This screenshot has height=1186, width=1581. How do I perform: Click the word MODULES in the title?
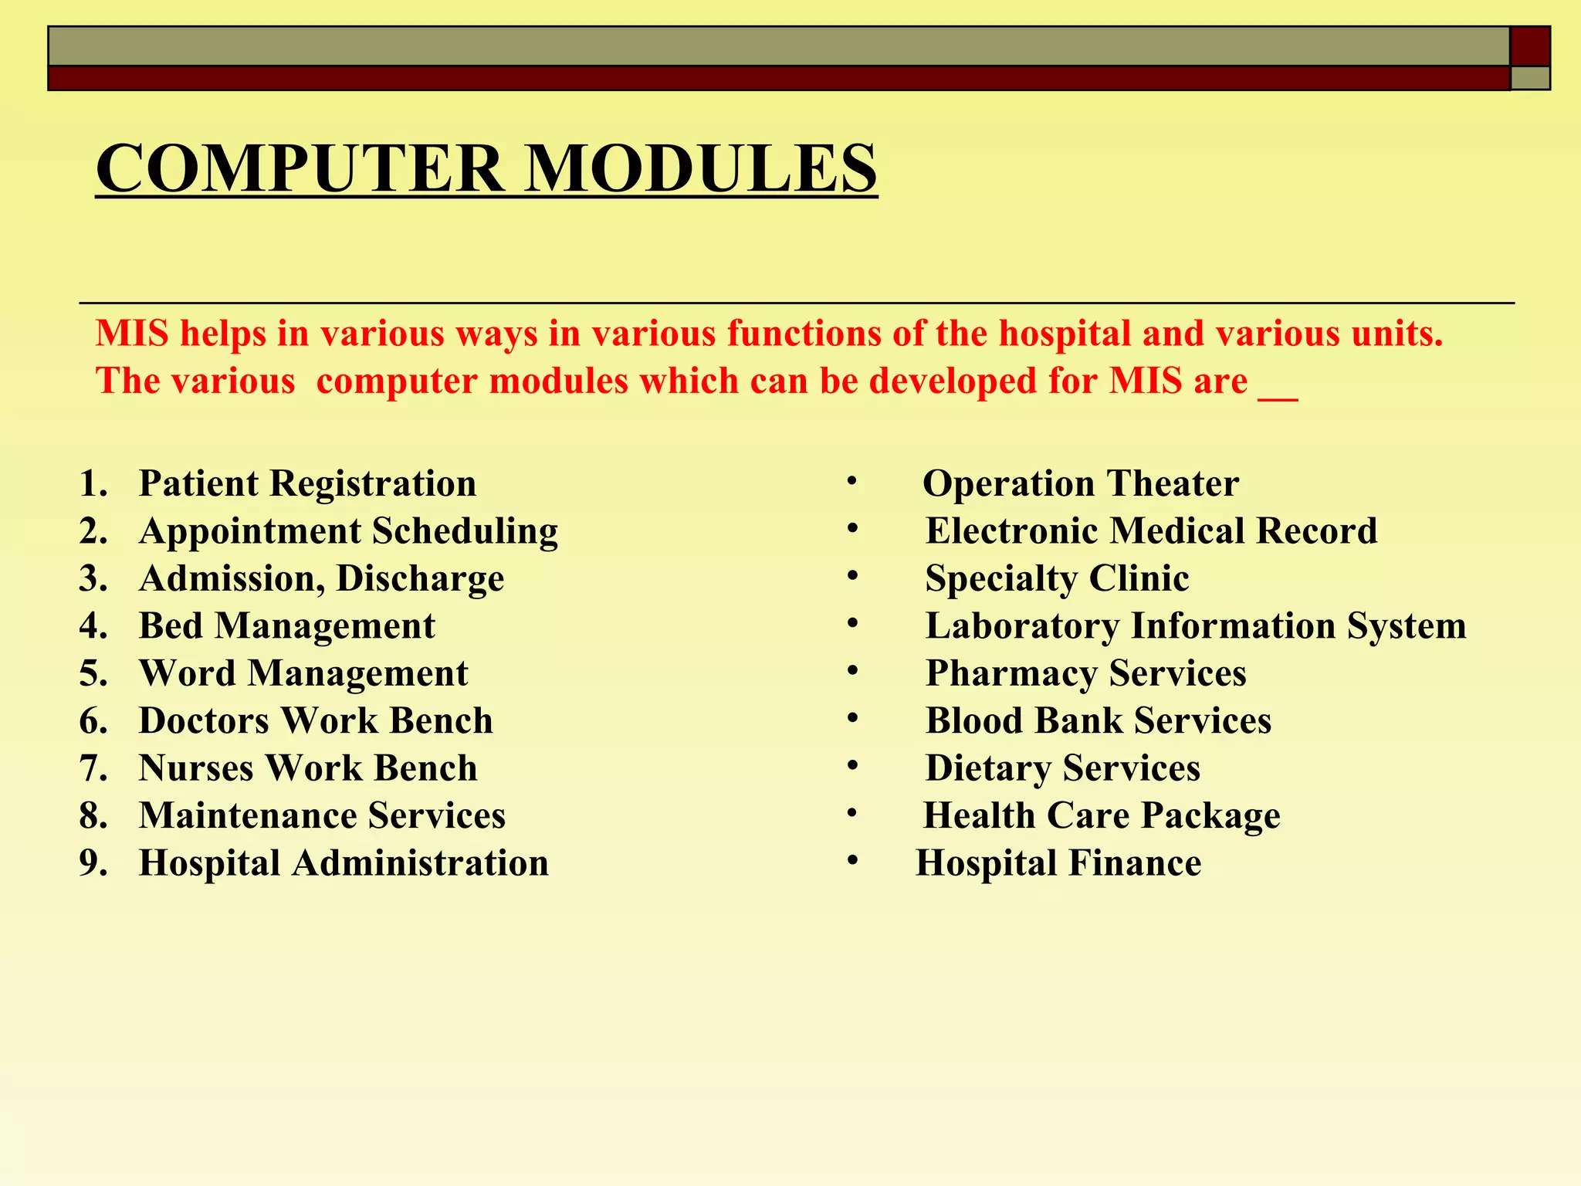pyautogui.click(x=700, y=169)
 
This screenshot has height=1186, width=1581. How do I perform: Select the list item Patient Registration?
pyautogui.click(x=307, y=484)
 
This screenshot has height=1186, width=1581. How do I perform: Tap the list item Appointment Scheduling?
pyautogui.click(x=348, y=531)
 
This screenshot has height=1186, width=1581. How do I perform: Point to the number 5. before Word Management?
pyautogui.click(x=93, y=673)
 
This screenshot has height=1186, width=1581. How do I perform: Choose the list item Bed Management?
pyautogui.click(x=286, y=626)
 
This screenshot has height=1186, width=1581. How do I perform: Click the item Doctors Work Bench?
pyautogui.click(x=316, y=721)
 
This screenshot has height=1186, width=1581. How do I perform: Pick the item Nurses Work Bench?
pyautogui.click(x=308, y=768)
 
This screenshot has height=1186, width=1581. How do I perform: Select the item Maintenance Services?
pyautogui.click(x=322, y=816)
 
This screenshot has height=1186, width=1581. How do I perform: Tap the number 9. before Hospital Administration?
pyautogui.click(x=93, y=863)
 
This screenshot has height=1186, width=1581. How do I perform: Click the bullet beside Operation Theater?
pyautogui.click(x=851, y=481)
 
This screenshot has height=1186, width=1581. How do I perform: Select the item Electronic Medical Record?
pyautogui.click(x=1151, y=531)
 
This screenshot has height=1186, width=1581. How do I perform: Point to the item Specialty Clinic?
pyautogui.click(x=1057, y=579)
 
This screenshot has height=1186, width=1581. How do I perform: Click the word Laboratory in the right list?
pyautogui.click(x=1022, y=626)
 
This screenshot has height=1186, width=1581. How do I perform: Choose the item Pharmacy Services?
pyautogui.click(x=1085, y=673)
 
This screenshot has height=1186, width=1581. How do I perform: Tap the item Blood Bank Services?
pyautogui.click(x=1098, y=721)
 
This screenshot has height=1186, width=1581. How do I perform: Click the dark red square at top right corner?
pyautogui.click(x=1530, y=46)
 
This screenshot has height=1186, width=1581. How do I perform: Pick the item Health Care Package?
pyautogui.click(x=1102, y=816)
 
